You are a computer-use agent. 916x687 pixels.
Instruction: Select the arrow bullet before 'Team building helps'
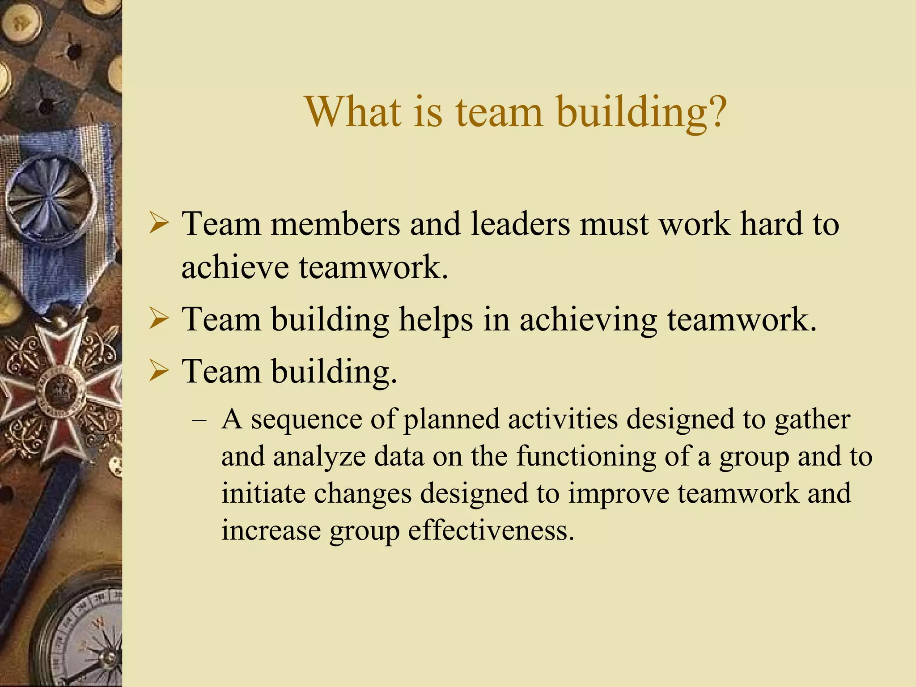click(159, 320)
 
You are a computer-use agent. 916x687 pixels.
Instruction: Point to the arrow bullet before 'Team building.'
click(159, 371)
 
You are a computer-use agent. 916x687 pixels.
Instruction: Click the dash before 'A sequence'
click(199, 421)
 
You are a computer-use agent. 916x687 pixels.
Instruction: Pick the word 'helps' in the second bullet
click(436, 320)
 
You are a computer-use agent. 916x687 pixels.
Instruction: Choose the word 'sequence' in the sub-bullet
click(306, 420)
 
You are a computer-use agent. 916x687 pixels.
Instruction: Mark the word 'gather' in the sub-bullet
click(812, 420)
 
